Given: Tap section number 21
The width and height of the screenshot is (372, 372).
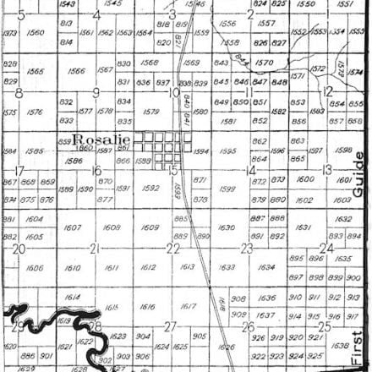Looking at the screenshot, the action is [95, 248].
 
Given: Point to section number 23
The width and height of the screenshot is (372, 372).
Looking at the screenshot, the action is [247, 248].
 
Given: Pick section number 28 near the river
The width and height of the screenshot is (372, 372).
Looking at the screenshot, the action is [96, 325].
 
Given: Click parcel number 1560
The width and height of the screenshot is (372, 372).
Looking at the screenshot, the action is [36, 32].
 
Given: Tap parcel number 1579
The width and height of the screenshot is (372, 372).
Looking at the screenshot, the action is [151, 111].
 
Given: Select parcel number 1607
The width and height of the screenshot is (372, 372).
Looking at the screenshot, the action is [73, 227].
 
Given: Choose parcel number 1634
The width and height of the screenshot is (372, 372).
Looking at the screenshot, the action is [266, 267].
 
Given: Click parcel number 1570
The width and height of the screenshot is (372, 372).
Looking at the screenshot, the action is [264, 62].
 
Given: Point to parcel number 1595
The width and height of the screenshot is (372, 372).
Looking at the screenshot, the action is [227, 151].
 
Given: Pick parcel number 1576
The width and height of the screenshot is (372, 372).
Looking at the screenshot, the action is [36, 111].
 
